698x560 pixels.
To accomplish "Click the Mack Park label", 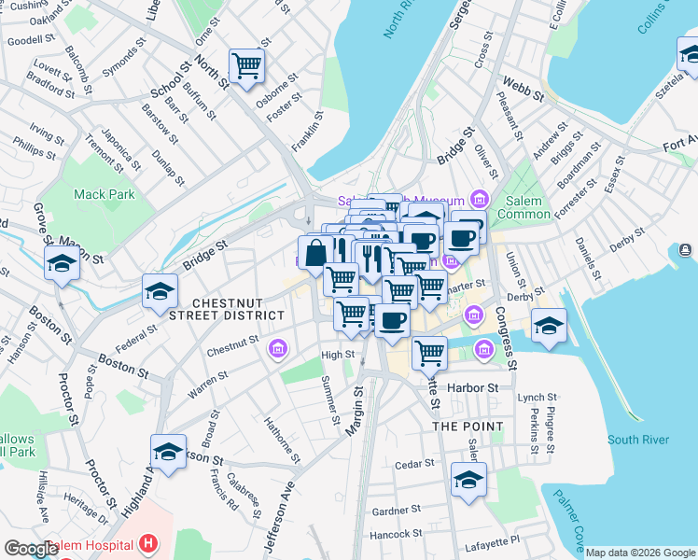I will pyautogui.click(x=105, y=194).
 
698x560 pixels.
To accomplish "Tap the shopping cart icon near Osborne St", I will pyautogui.click(x=247, y=65).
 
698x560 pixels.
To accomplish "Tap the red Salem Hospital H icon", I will pyautogui.click(x=147, y=542).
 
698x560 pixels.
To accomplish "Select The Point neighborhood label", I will pyautogui.click(x=468, y=427).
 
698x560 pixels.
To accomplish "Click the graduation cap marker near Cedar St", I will pyautogui.click(x=468, y=480).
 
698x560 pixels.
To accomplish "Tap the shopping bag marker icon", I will pyautogui.click(x=315, y=252).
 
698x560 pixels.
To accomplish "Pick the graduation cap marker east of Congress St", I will pyautogui.click(x=549, y=326).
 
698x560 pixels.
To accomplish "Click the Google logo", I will pyautogui.click(x=31, y=549).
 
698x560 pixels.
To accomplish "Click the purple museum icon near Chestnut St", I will pyautogui.click(x=277, y=350).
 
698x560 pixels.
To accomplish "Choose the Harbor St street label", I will pyautogui.click(x=481, y=386).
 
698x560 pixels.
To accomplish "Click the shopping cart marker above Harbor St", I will pyautogui.click(x=429, y=352).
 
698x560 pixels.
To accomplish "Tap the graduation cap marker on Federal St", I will pyautogui.click(x=160, y=292).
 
